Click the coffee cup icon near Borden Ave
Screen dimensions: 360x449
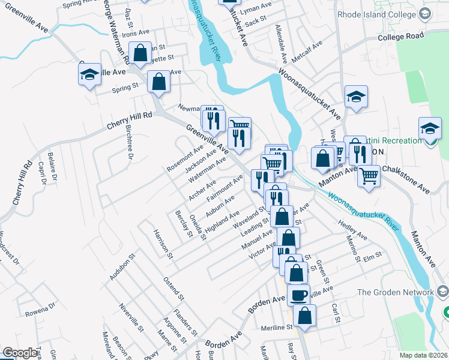299,295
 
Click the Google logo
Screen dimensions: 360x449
20,353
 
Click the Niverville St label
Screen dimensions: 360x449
131,319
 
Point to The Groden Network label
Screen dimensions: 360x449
394,292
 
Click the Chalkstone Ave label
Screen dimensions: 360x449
406,179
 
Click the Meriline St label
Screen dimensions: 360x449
276,328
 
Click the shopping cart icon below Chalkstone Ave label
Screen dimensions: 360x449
368,175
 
